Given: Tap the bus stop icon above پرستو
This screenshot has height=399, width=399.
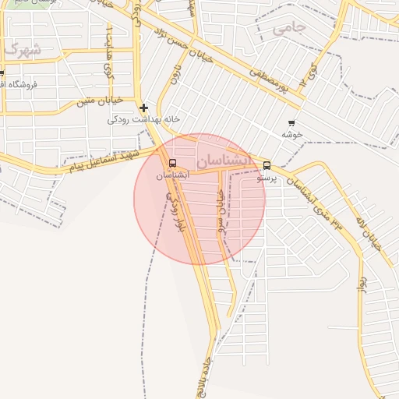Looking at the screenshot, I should (x=267, y=165).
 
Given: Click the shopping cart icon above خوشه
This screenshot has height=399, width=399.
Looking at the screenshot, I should (x=291, y=123).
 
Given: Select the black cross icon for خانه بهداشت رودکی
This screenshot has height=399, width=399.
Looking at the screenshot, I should (x=143, y=108).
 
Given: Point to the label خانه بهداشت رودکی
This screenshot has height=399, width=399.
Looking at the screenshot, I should (x=143, y=119).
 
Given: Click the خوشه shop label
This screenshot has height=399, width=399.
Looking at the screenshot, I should (x=292, y=134).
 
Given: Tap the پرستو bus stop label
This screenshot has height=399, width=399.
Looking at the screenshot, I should (x=267, y=178).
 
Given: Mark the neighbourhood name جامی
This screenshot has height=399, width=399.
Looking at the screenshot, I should (x=289, y=28).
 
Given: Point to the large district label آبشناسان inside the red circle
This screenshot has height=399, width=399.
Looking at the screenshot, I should (x=224, y=161).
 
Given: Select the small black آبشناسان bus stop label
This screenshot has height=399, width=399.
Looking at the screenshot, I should (x=172, y=176).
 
